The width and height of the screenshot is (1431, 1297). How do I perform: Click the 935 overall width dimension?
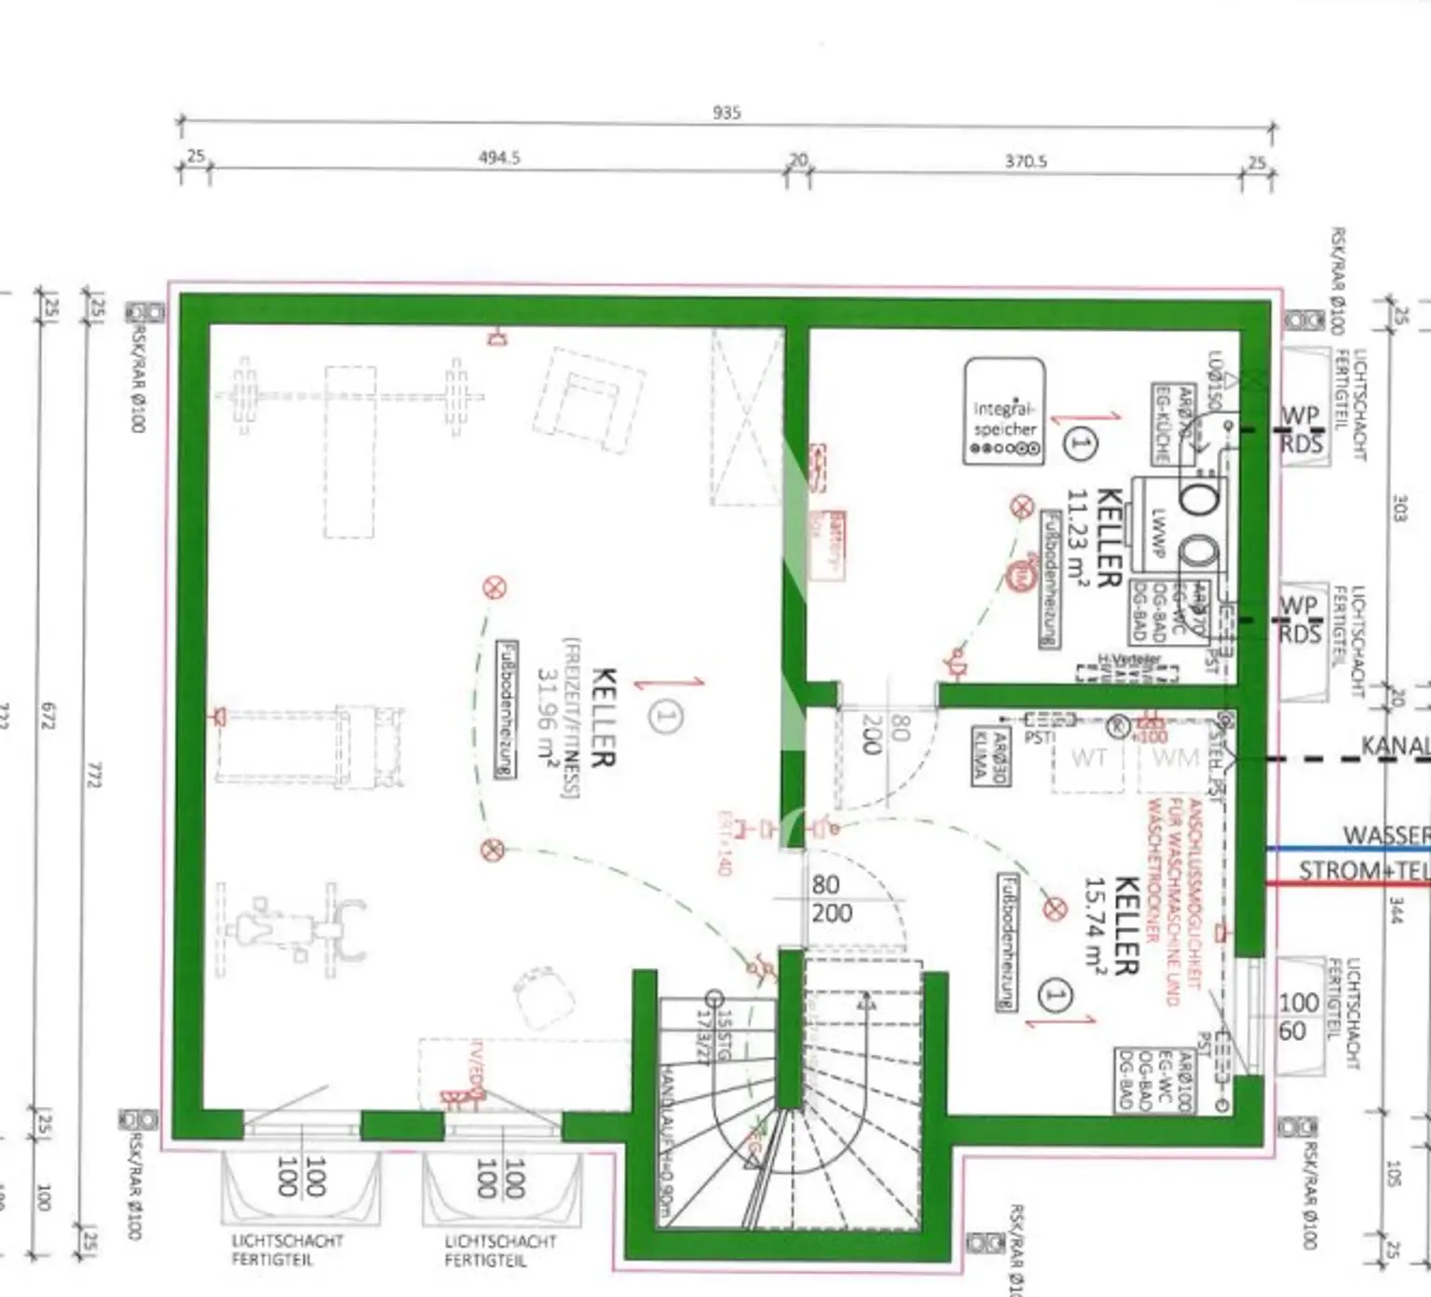click(x=726, y=113)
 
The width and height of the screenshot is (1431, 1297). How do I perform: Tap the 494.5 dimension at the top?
click(x=499, y=158)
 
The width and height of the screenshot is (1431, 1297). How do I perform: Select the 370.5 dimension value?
click(x=1025, y=161)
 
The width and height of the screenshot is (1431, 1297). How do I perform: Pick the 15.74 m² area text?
click(x=1096, y=924)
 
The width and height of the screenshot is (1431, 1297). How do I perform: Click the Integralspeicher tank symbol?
click(x=1003, y=410)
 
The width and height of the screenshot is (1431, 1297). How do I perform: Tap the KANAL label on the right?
click(x=1395, y=746)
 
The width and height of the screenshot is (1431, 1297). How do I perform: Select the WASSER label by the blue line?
click(x=1385, y=835)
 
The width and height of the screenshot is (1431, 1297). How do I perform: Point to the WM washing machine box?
click(x=1175, y=758)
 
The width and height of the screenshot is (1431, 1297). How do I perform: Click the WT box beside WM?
click(x=1088, y=758)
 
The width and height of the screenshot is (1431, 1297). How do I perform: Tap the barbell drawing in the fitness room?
click(x=349, y=396)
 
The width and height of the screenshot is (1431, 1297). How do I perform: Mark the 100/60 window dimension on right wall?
click(x=1297, y=1017)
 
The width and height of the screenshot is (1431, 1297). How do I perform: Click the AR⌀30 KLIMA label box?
click(x=988, y=756)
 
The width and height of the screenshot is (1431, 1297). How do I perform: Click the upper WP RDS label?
click(x=1300, y=429)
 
